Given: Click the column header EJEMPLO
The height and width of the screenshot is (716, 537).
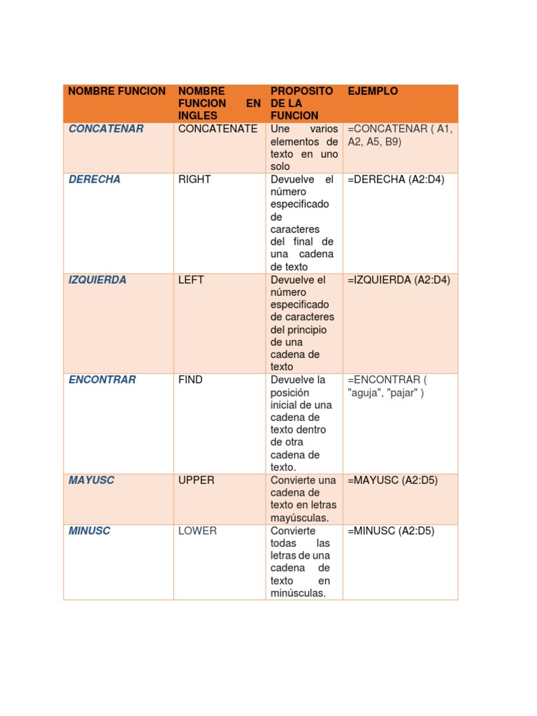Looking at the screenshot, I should click(x=373, y=91).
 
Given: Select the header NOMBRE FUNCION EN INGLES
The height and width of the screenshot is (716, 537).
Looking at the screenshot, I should click(x=219, y=103).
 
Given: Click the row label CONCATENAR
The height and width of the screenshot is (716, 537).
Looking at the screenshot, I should click(x=106, y=129).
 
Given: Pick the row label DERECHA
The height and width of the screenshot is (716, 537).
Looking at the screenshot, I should click(x=94, y=179).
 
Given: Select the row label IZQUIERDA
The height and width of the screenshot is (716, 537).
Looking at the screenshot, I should click(x=98, y=280).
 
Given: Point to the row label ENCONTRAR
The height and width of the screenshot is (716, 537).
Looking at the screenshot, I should click(x=102, y=380).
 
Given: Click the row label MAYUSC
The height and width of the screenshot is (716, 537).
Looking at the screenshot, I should click(x=92, y=480).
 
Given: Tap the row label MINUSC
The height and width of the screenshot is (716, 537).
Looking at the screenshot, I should click(x=89, y=531).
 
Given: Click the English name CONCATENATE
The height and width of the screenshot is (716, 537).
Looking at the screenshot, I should click(x=217, y=129).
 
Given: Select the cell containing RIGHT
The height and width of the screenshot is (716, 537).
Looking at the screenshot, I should click(x=194, y=179).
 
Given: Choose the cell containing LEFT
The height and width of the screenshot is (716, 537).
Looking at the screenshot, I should click(x=191, y=280).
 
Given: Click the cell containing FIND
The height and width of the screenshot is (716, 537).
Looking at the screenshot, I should click(x=190, y=380).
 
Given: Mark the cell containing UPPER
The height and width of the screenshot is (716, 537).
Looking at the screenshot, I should click(x=196, y=480).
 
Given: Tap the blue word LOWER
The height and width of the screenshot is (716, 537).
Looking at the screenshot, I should click(x=197, y=531).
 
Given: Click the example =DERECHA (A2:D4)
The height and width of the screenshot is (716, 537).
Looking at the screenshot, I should click(x=395, y=179).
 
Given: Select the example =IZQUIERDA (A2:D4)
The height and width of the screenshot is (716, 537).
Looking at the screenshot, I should click(x=399, y=280).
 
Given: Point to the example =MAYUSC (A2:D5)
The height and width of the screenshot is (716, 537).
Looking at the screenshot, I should click(x=392, y=480).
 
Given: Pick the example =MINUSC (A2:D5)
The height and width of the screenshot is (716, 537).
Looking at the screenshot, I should click(x=390, y=531).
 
